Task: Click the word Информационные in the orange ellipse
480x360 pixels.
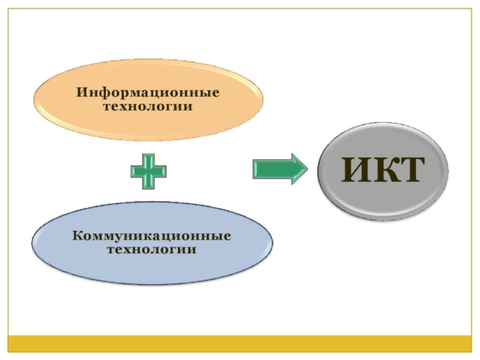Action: pos(148,93)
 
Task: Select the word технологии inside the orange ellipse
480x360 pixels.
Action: pos(148,107)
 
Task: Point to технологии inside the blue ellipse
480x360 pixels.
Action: pos(151,249)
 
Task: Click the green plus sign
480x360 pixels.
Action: pos(148,171)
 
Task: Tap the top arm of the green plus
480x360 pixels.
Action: pos(148,159)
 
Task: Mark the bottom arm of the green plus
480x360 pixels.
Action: pos(148,183)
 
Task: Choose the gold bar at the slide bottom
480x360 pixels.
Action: pos(240,343)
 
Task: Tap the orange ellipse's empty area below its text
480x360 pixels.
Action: pos(148,126)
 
